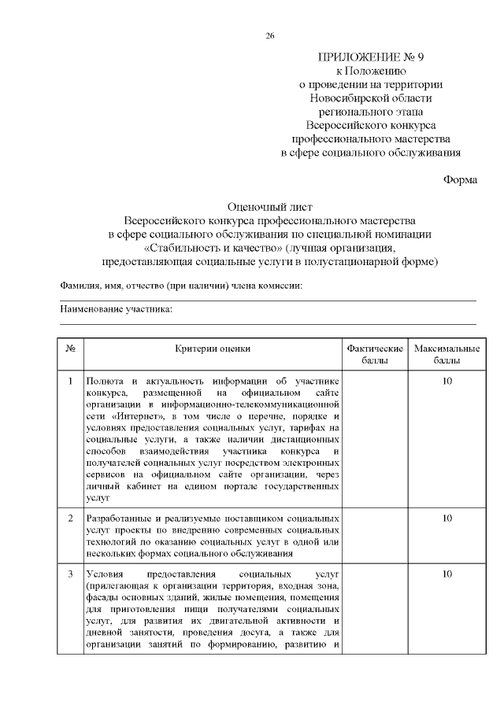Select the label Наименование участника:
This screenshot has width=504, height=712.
pyautogui.click(x=117, y=310)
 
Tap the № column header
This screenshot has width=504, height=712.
pyautogui.click(x=70, y=349)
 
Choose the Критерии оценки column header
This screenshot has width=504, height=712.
pyautogui.click(x=213, y=349)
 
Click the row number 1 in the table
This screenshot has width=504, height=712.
pyautogui.click(x=70, y=382)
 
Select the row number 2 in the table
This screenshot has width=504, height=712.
pyautogui.click(x=70, y=518)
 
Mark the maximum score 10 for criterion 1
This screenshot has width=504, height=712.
pyautogui.click(x=447, y=382)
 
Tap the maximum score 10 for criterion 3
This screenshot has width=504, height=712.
pyautogui.click(x=447, y=574)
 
